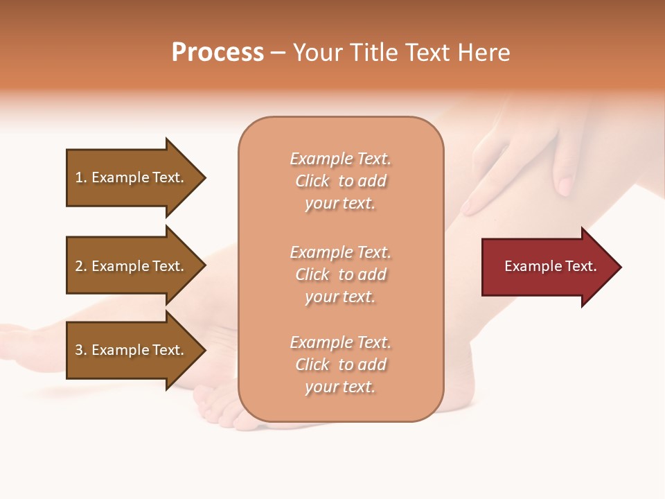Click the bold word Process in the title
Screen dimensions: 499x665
tap(218, 53)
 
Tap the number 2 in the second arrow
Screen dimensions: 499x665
tap(79, 266)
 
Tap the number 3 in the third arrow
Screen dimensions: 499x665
tap(79, 350)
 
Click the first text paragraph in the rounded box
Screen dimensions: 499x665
tap(340, 181)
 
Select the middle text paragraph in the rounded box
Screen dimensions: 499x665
tap(340, 274)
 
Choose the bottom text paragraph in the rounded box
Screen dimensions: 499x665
tap(340, 365)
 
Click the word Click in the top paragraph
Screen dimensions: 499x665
tap(312, 181)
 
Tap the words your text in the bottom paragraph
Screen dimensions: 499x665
tap(340, 387)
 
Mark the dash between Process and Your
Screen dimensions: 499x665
tap(278, 53)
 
